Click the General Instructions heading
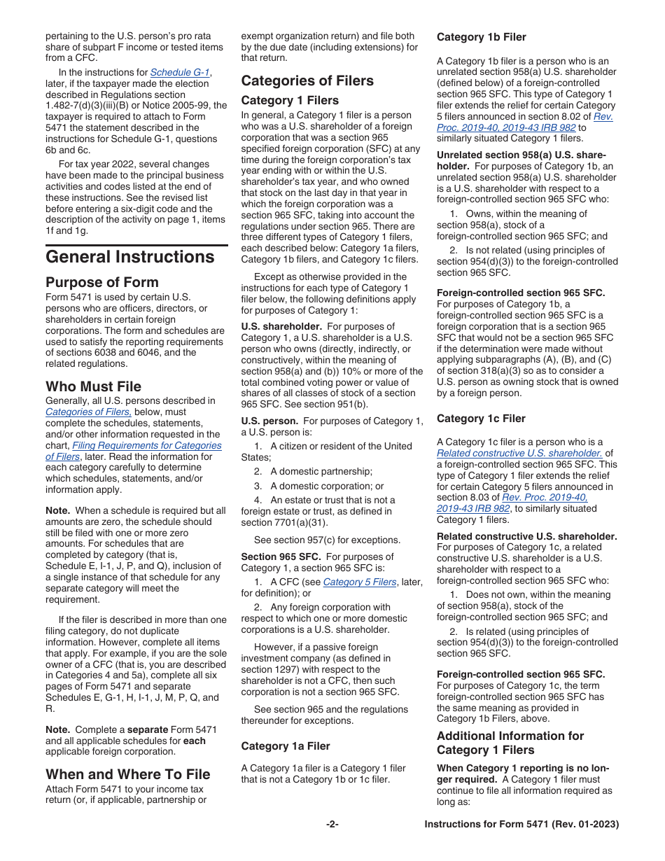tap(129, 257)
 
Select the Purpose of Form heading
tap(102, 283)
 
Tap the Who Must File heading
tap(93, 386)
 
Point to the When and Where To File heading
tap(127, 774)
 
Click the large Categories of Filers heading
tap(307, 80)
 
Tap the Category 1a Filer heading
tap(286, 746)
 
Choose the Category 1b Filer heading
tap(482, 37)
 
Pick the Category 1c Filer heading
tap(481, 419)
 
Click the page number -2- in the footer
tap(332, 825)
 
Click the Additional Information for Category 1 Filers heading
tap(510, 743)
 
